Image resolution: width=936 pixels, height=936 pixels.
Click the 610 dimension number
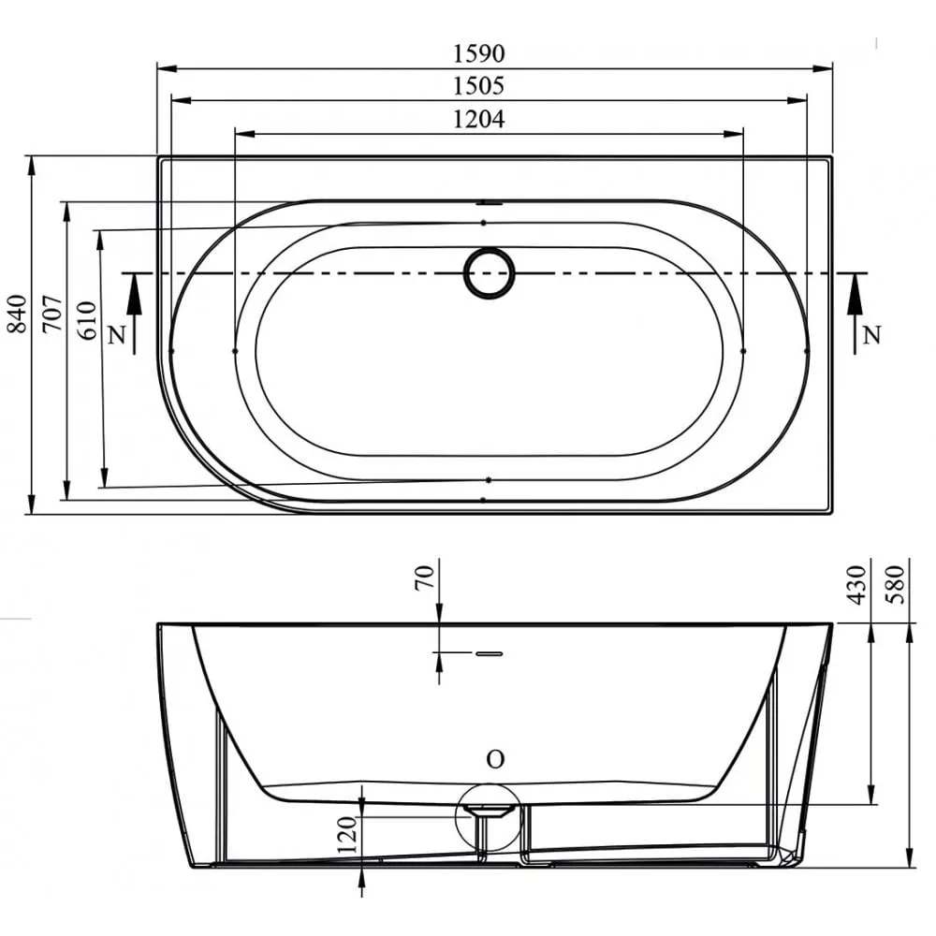(87, 320)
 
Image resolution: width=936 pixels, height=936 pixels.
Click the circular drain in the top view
(489, 273)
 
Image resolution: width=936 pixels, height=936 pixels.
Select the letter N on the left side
(116, 335)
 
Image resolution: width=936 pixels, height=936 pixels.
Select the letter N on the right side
(870, 333)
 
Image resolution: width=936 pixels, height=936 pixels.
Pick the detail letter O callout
(495, 760)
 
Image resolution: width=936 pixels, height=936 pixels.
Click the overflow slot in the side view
(489, 652)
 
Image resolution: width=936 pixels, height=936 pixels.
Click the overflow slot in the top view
(489, 201)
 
